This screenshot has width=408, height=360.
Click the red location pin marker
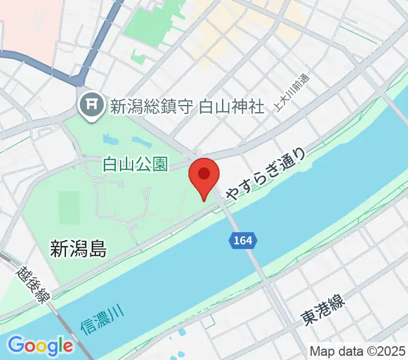click(x=204, y=177)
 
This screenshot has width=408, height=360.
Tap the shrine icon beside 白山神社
click(x=92, y=106)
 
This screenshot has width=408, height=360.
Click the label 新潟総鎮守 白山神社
click(x=187, y=107)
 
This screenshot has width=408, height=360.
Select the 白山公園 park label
click(x=135, y=164)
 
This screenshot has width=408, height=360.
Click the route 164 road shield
click(x=244, y=241)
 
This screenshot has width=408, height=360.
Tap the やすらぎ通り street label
click(x=268, y=173)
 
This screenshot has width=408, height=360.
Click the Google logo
click(x=40, y=346)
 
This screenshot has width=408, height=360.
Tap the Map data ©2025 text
click(x=358, y=351)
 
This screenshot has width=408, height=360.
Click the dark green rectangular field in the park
click(x=70, y=207)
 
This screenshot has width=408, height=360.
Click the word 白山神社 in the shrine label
click(x=231, y=107)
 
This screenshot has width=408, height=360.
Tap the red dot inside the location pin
click(x=204, y=173)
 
